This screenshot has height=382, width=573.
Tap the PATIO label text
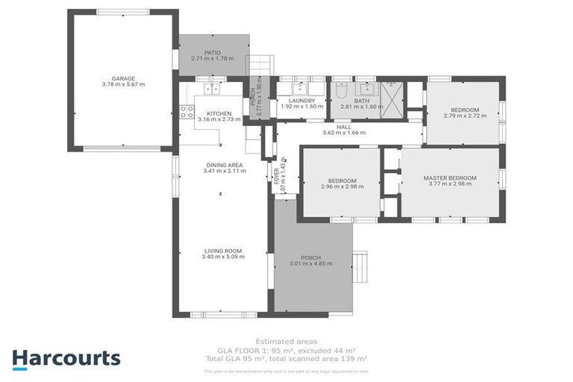click(x=212, y=52)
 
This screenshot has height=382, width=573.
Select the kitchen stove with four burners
click(x=186, y=113)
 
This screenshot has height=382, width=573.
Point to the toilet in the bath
click(x=341, y=93)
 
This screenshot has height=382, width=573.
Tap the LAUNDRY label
click(x=301, y=100)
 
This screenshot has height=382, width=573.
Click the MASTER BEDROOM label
click(x=449, y=178)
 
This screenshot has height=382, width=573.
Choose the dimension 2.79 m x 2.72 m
click(x=461, y=116)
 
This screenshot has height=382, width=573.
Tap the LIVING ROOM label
click(x=223, y=251)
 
